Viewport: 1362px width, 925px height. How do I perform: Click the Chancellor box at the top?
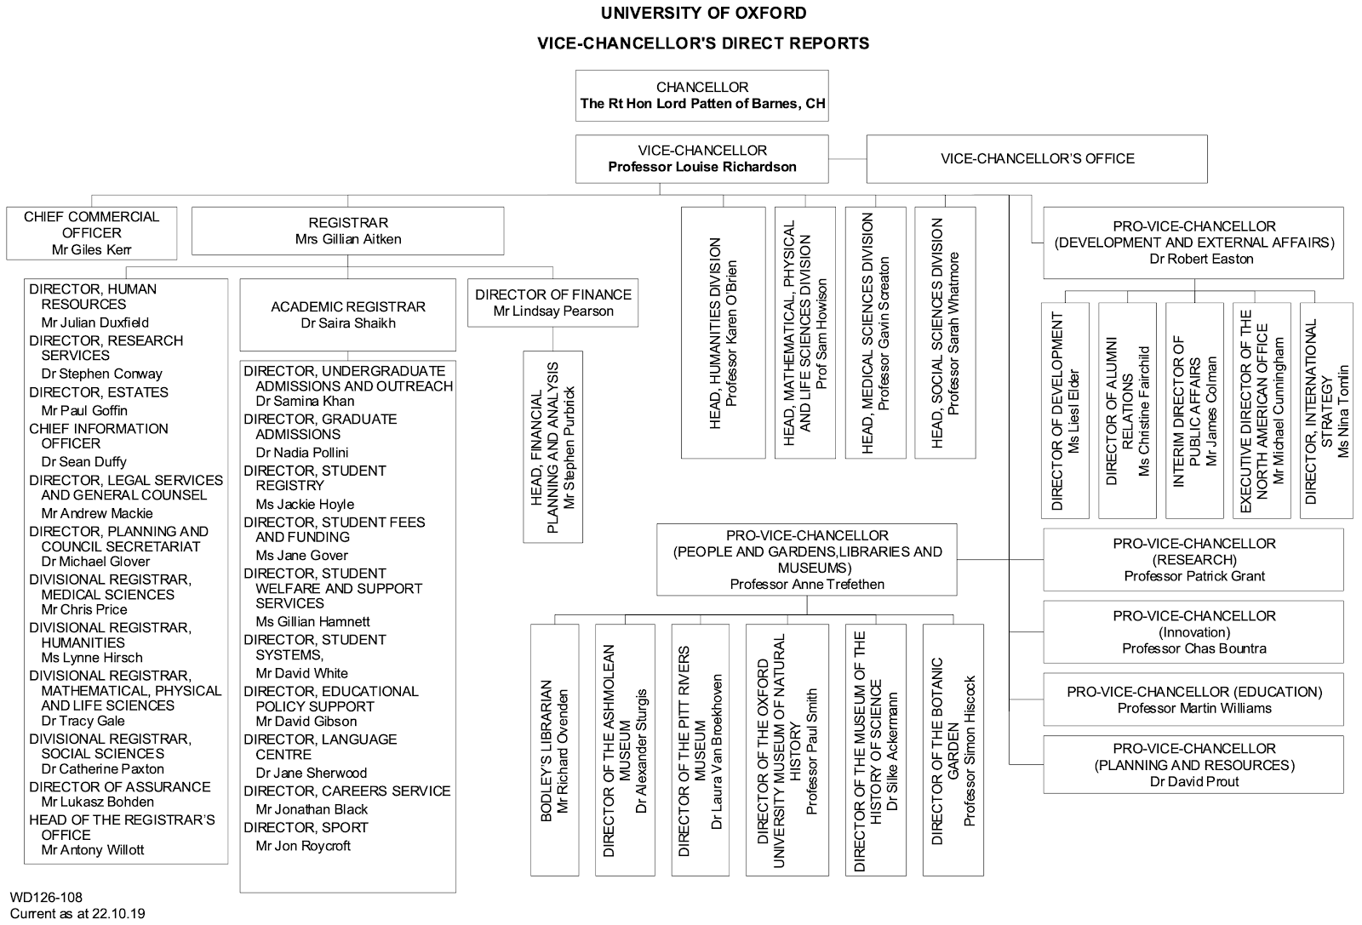701,96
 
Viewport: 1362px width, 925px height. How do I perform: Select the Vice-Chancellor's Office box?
1036,158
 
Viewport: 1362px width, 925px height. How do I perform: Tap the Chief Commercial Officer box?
91,233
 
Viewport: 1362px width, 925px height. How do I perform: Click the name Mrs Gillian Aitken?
347,239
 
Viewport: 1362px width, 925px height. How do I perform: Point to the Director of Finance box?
552,303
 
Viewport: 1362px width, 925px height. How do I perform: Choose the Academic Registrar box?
347,315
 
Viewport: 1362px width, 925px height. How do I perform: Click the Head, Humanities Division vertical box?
723,333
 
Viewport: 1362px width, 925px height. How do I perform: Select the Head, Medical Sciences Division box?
875,333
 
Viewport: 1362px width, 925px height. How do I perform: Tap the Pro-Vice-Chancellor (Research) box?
1193,560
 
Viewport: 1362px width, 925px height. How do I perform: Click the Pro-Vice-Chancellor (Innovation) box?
1193,632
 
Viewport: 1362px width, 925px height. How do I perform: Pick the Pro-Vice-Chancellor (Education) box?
1193,699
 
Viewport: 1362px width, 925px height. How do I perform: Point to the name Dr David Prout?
1193,781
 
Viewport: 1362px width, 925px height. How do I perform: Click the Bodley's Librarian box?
554,750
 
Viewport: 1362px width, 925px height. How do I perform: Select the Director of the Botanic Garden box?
953,750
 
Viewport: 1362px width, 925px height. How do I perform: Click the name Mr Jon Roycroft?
303,846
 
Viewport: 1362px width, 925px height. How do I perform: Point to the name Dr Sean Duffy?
83,462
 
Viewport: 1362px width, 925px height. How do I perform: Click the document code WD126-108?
46,897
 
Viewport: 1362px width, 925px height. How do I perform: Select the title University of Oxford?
703,14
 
